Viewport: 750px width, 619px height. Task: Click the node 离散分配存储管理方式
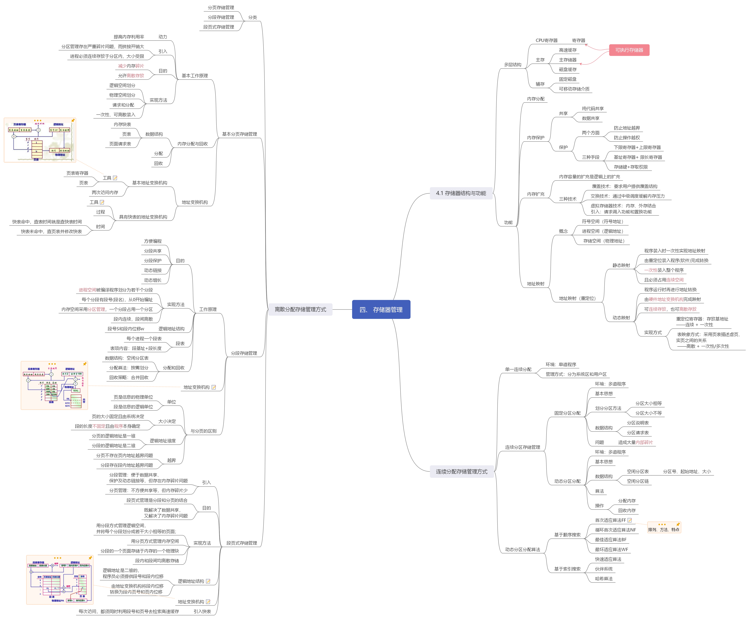300,309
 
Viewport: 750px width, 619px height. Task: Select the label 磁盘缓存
568,70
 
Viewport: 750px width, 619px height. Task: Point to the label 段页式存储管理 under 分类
219,27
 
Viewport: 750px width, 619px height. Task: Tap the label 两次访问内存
105,193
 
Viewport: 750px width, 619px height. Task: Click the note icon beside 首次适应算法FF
629,520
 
